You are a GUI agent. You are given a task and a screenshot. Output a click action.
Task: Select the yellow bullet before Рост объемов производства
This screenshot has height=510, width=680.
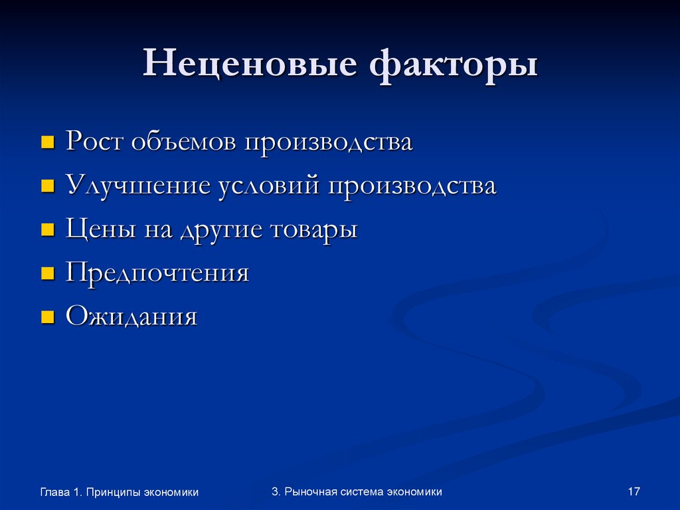[x=48, y=142]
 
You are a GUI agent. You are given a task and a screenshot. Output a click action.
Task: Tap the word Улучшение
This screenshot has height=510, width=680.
[x=139, y=186]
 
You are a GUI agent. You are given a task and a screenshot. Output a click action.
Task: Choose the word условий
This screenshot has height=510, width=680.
[x=269, y=186]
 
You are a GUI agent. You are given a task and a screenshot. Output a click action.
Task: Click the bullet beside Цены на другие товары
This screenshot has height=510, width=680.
[x=48, y=230]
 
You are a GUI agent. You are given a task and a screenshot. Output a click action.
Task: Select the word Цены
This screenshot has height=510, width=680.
[x=99, y=230]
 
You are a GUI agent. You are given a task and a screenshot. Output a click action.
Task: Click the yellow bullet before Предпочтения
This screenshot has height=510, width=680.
[x=48, y=273]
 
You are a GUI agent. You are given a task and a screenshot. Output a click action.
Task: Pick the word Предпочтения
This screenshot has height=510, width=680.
[x=157, y=273]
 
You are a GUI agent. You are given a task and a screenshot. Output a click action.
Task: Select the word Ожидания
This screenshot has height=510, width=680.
[x=131, y=317]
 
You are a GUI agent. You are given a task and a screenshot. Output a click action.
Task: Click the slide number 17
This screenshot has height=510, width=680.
[x=633, y=491]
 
